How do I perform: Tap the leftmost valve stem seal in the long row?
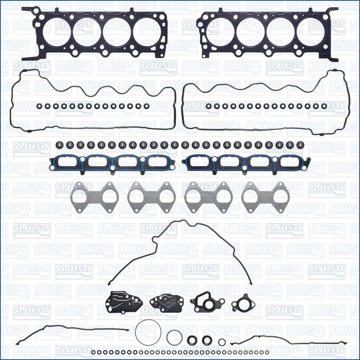(x=59, y=145)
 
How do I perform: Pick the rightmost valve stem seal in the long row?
(x=300, y=145)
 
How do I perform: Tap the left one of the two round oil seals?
(x=192, y=340)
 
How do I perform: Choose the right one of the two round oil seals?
(x=207, y=340)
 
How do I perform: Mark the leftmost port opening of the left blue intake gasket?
(x=68, y=162)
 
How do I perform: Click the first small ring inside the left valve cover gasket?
(x=39, y=106)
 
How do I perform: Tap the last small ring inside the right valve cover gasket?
(x=324, y=106)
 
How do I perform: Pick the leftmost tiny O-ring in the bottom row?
(x=93, y=352)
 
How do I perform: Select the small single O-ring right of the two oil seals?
(x=222, y=342)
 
